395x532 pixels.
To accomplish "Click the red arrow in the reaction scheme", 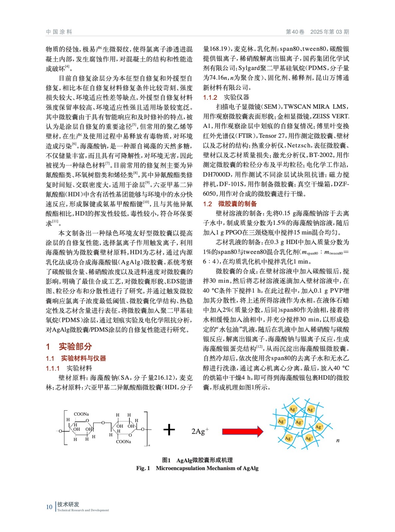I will point(242,432).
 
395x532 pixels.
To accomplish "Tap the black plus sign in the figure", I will point(169,430).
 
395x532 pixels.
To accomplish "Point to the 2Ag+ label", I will point(200,431).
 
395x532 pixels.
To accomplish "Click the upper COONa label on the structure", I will point(81,414).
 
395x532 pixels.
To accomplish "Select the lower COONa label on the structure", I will point(123,442).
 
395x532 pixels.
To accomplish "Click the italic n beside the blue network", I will point(338,441).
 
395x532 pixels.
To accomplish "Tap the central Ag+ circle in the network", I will point(299,422).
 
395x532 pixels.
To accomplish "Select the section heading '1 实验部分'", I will point(69,346).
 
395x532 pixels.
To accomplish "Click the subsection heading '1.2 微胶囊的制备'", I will point(230,203).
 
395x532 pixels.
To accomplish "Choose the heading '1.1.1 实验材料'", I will point(69,368).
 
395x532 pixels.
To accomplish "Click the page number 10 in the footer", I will point(49,507).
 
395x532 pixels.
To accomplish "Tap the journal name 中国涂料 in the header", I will point(59,32).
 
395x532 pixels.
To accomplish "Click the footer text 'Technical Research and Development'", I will point(83,510).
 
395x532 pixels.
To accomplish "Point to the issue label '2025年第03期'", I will point(329,32).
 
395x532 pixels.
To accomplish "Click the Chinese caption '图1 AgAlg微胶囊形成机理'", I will point(197,460).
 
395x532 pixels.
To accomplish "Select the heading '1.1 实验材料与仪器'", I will point(76,358).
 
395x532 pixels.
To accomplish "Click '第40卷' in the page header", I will point(295,32).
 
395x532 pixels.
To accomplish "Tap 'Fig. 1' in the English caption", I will point(143,468).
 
